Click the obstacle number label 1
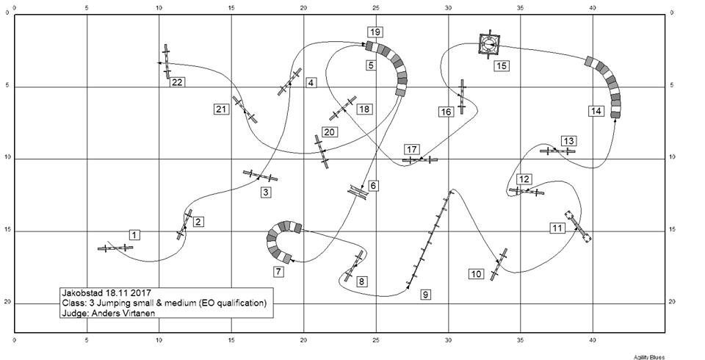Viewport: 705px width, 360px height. (x=134, y=234)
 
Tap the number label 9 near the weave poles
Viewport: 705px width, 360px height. (x=425, y=295)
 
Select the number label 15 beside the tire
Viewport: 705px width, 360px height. (x=502, y=65)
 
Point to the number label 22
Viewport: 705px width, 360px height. (x=177, y=82)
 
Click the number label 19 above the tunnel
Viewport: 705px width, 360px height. (x=375, y=32)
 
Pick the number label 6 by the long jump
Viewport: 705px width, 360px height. (x=373, y=186)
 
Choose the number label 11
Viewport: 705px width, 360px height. (x=557, y=228)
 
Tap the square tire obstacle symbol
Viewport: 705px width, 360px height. (x=489, y=45)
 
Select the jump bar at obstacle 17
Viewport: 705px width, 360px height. (x=420, y=159)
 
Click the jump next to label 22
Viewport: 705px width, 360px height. (x=167, y=61)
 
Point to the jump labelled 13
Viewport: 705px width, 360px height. (x=557, y=151)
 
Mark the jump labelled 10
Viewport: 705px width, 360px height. (x=499, y=264)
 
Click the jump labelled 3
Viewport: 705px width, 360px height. (x=260, y=176)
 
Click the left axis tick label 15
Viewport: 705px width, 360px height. (x=6, y=231)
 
